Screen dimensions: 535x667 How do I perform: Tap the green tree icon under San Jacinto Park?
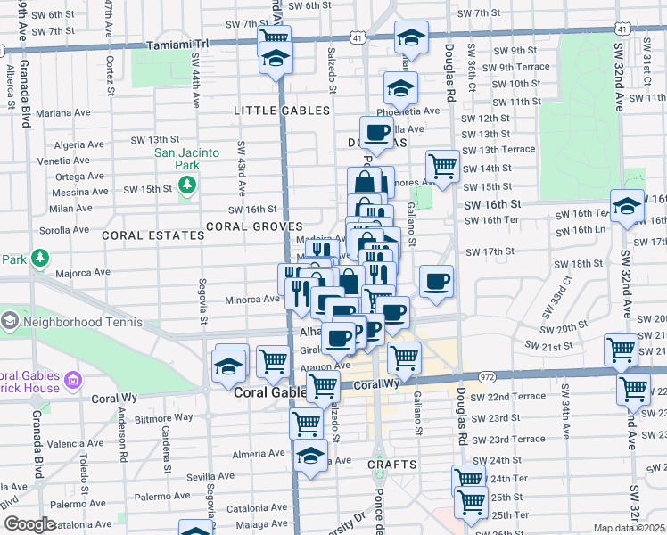coord(187,185)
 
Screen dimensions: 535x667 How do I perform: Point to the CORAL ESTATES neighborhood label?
coord(153,235)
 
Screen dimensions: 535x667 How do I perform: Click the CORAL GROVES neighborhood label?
coord(254,226)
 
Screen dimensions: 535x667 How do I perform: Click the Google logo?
coord(29,524)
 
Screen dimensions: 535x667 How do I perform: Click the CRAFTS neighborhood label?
coord(391,465)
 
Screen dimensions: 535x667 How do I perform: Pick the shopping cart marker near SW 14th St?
coord(442,165)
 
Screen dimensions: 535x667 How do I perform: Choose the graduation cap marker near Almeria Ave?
coord(309,457)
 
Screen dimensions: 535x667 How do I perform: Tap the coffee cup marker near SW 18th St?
coord(436,281)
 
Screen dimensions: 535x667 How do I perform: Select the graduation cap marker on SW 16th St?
coord(627,205)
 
